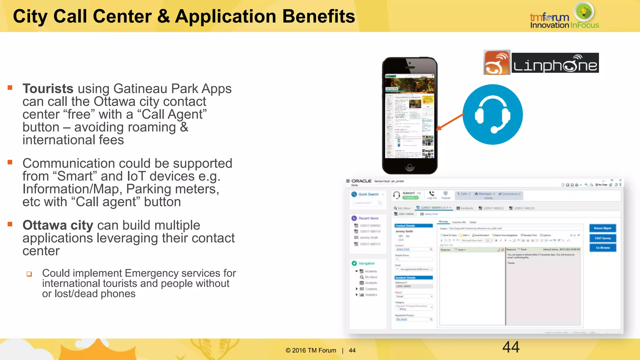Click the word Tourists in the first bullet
click(48, 89)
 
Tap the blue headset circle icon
click(492, 114)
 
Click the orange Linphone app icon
click(497, 62)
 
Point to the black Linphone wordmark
click(555, 63)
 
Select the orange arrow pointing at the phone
click(450, 122)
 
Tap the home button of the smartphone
click(410, 166)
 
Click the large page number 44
click(511, 347)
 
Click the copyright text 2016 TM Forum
click(311, 351)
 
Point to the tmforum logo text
click(549, 17)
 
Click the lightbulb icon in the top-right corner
click(584, 12)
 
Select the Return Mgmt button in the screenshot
click(602, 228)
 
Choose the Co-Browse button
click(602, 248)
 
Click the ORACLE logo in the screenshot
click(361, 181)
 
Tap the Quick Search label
click(368, 194)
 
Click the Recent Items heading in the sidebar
click(368, 218)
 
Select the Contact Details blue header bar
click(413, 226)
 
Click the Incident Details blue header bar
click(413, 277)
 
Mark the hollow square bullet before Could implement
click(29, 274)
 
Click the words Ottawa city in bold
click(58, 225)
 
